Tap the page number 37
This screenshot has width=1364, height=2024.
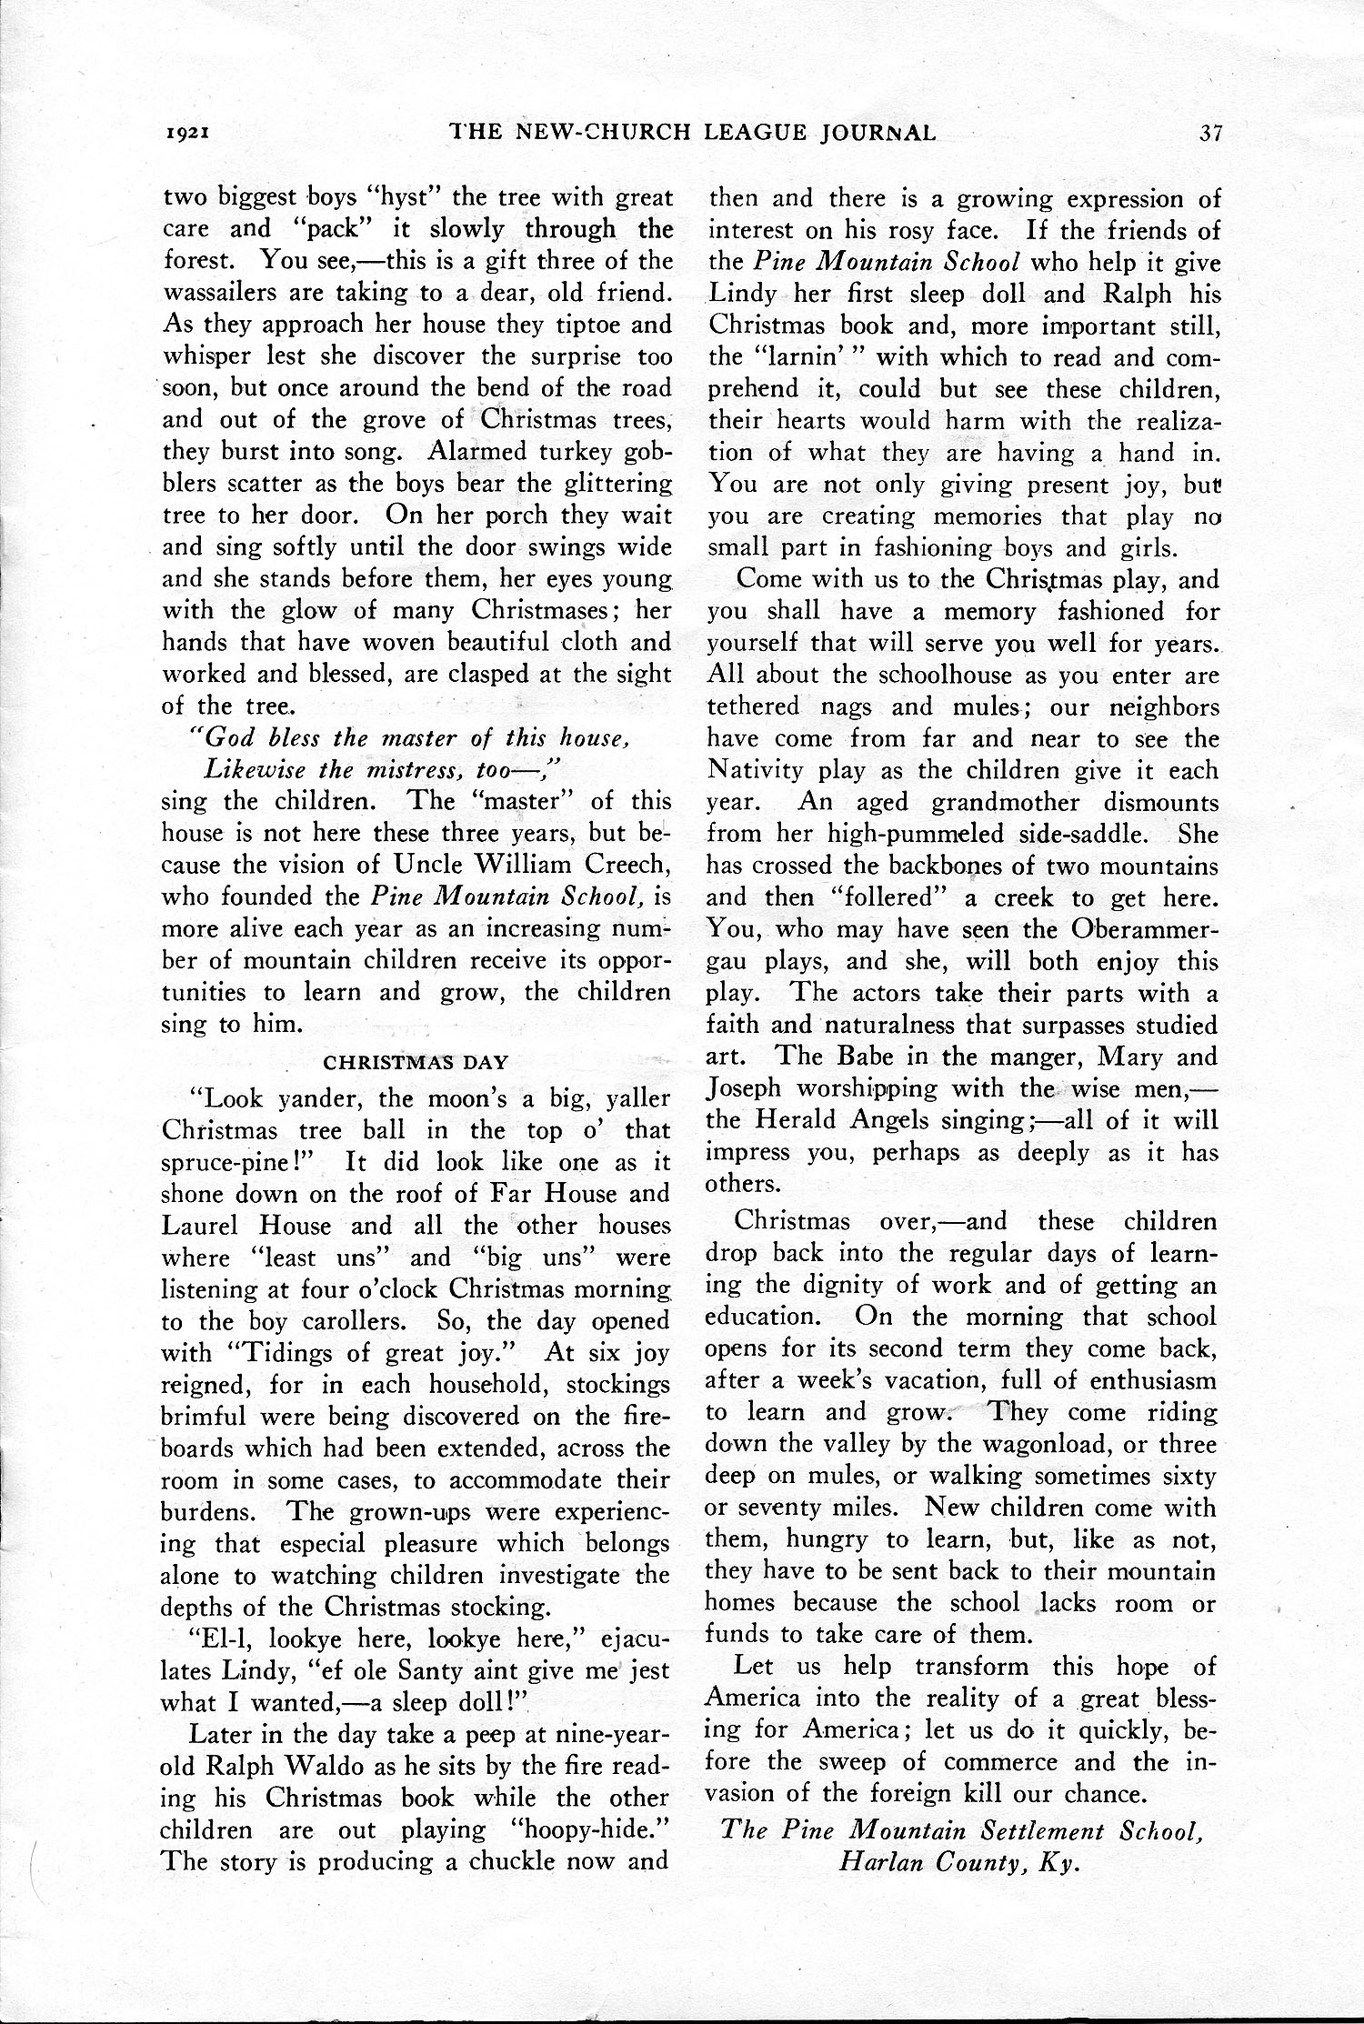(x=1209, y=133)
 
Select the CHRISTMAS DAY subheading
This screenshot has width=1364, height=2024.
(x=416, y=1061)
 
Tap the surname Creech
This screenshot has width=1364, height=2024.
(x=619, y=865)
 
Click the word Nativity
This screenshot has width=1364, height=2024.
(x=756, y=770)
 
